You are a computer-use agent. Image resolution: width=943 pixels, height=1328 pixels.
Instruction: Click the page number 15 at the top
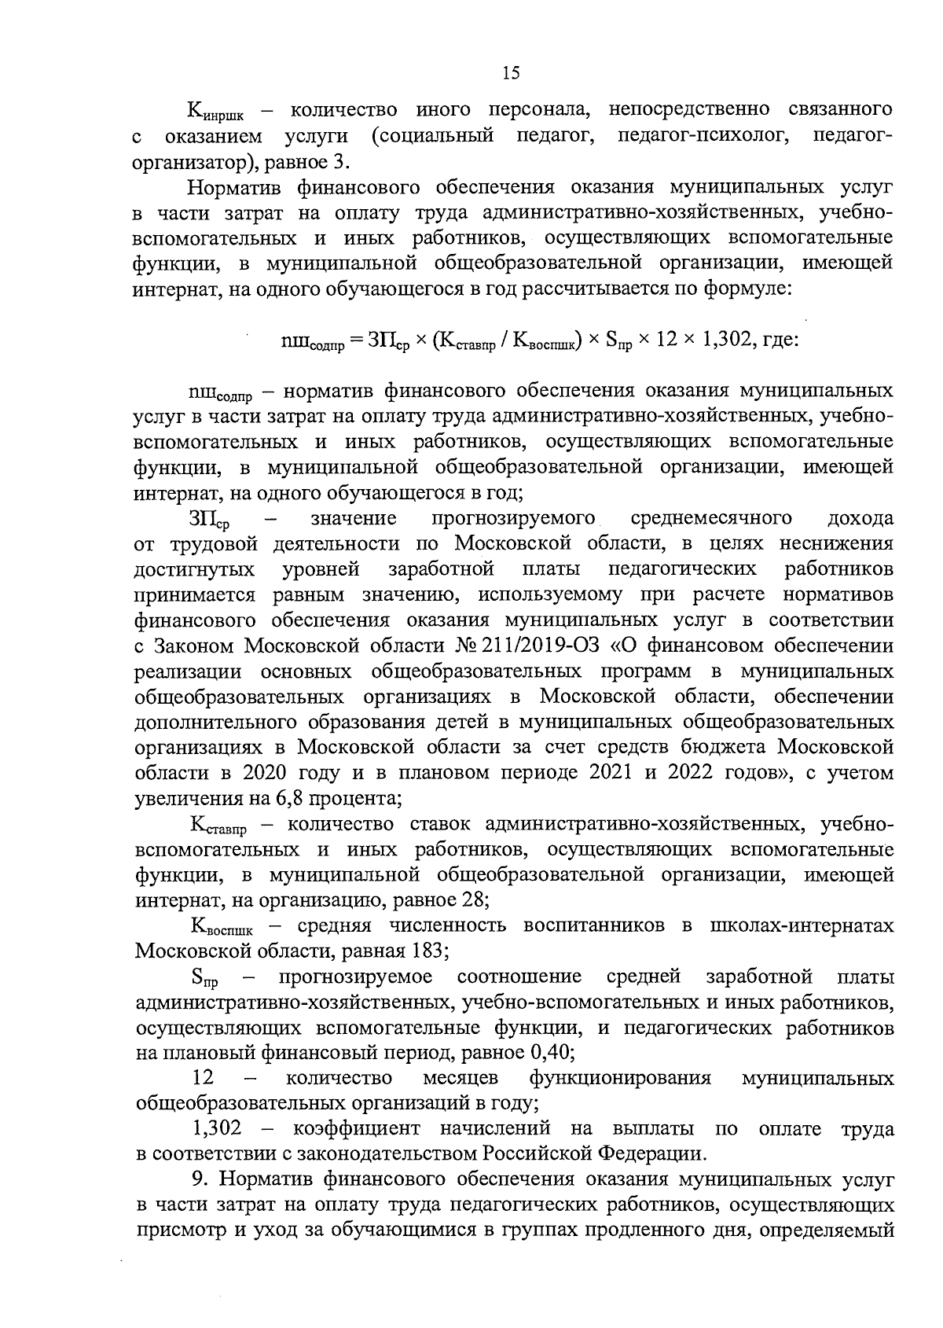click(x=510, y=73)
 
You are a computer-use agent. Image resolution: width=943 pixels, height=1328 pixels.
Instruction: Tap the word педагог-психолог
click(x=703, y=136)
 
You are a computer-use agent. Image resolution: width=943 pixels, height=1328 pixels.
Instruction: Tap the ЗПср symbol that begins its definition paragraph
click(x=208, y=520)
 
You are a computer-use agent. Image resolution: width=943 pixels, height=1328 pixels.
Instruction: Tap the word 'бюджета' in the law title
click(x=771, y=747)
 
